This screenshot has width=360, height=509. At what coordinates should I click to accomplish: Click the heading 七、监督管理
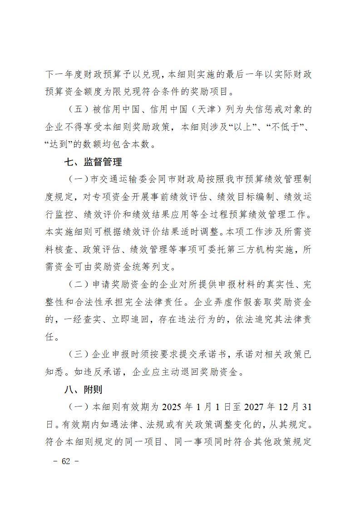(93, 162)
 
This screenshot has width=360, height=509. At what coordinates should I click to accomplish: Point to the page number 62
(66, 461)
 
